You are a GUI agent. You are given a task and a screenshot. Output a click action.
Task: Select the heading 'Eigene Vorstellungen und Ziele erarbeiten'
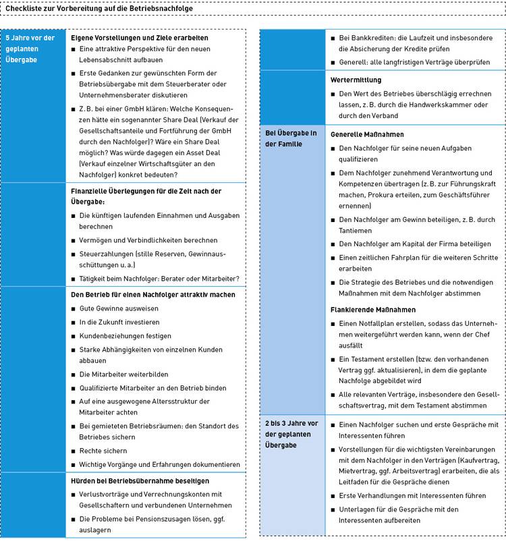click(x=140, y=38)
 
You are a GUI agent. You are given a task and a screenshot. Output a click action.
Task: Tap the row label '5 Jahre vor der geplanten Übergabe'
click(x=31, y=49)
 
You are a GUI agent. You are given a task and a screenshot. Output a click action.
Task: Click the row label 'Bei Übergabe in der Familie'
click(x=289, y=139)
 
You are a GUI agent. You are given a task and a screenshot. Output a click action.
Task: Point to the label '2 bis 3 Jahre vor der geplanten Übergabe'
click(x=291, y=435)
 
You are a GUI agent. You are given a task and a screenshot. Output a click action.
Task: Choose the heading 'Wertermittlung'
click(x=356, y=80)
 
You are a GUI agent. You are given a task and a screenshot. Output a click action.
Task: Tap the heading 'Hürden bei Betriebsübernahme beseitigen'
click(x=140, y=481)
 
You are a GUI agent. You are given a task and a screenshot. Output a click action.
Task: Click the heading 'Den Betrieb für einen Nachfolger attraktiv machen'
click(x=153, y=294)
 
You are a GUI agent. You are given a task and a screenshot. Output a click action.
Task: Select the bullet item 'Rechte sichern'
click(x=103, y=451)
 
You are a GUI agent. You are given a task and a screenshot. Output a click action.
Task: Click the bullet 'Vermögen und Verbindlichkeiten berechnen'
click(x=148, y=240)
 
